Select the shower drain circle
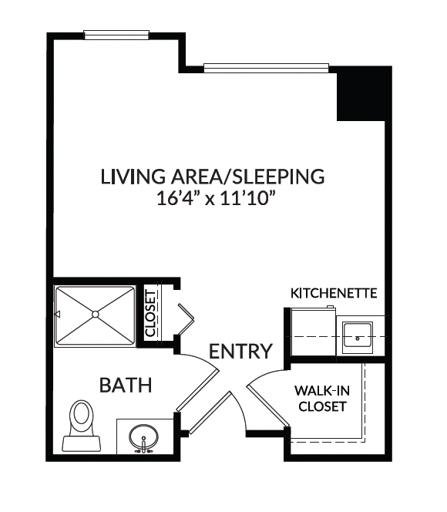pyautogui.click(x=96, y=314)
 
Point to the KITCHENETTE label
pyautogui.click(x=334, y=293)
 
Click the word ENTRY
pyautogui.click(x=240, y=352)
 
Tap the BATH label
pyautogui.click(x=126, y=385)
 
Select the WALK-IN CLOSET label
pyautogui.click(x=322, y=399)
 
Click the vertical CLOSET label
pyautogui.click(x=150, y=314)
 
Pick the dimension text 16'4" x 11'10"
pyautogui.click(x=214, y=198)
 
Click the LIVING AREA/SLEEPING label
pyautogui.click(x=213, y=177)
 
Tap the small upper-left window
pyautogui.click(x=116, y=35)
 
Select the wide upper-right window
pyautogui.click(x=266, y=68)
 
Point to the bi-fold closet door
pyautogui.click(x=186, y=319)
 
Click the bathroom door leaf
pyautogui.click(x=197, y=390)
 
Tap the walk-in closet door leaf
pyautogui.click(x=268, y=406)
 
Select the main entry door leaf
pyautogui.click(x=210, y=413)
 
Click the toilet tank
pyautogui.click(x=81, y=443)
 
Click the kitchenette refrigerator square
pyautogui.click(x=313, y=332)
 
